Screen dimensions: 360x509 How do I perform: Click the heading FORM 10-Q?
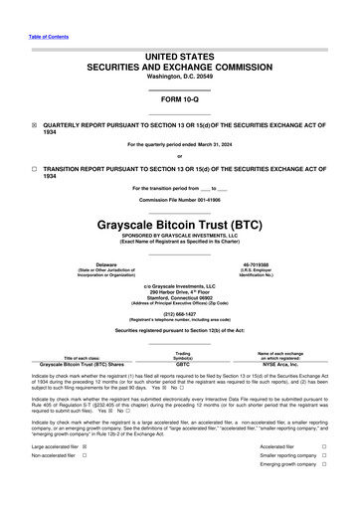point(179,100)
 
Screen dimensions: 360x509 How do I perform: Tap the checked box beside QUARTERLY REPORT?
point(35,126)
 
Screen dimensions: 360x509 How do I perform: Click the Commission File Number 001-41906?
point(179,199)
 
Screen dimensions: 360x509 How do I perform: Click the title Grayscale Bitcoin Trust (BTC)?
point(179,225)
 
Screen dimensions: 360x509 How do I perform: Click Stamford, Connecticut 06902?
point(179,299)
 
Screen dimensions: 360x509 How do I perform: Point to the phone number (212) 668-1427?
point(179,312)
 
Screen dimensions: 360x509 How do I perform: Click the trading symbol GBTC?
point(182,364)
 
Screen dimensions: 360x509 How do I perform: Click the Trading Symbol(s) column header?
point(182,355)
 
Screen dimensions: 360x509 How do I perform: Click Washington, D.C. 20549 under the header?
point(179,76)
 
